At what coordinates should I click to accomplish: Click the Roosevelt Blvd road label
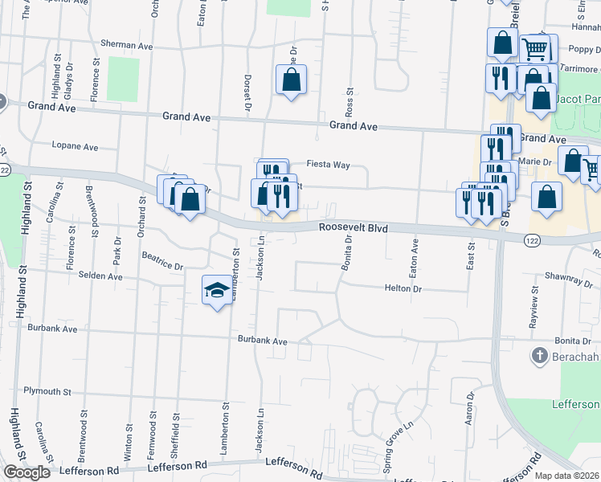pyautogui.click(x=354, y=228)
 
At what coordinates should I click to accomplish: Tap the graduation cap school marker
pyautogui.click(x=215, y=291)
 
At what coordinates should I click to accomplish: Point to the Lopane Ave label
pyautogui.click(x=74, y=147)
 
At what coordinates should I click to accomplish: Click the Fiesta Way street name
pyautogui.click(x=331, y=165)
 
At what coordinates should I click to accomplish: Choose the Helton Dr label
pyautogui.click(x=403, y=288)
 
